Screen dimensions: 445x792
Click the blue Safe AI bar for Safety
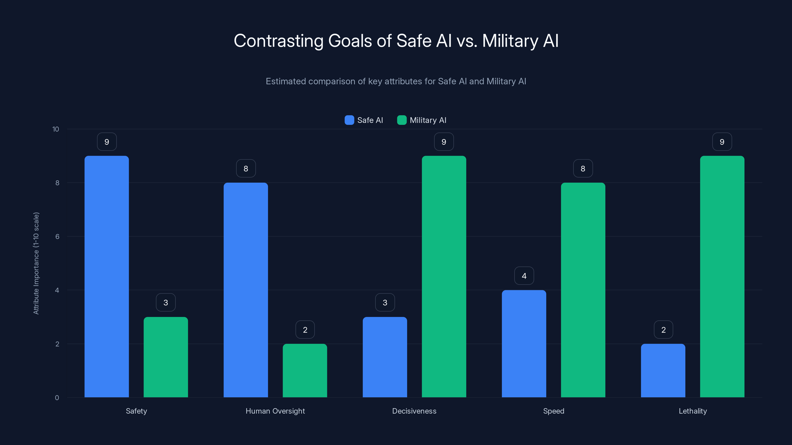pos(107,276)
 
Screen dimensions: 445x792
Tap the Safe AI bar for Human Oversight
pos(246,290)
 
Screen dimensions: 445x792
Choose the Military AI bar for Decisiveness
pos(444,276)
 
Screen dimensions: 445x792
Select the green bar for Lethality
pos(722,276)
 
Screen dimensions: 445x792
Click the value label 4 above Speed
pos(524,276)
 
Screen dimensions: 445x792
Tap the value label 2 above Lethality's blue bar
pos(663,330)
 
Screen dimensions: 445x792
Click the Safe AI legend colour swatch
pos(349,120)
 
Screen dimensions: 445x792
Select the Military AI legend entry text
pos(428,120)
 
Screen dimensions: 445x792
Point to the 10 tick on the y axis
pos(56,129)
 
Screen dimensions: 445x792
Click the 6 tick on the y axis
pos(57,237)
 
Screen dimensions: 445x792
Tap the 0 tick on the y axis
pos(57,398)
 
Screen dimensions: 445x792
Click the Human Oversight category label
pos(275,411)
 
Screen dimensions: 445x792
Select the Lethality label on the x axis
pos(693,411)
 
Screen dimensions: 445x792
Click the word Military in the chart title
pos(510,41)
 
